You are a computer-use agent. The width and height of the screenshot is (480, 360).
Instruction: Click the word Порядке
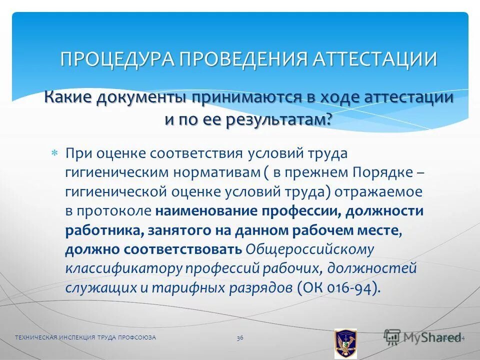point(382,172)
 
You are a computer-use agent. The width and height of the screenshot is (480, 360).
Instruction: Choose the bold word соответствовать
point(191,249)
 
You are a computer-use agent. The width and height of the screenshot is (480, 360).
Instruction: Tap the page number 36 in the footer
point(240,338)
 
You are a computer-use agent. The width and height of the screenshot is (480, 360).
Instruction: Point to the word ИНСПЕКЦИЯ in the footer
point(73,338)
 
